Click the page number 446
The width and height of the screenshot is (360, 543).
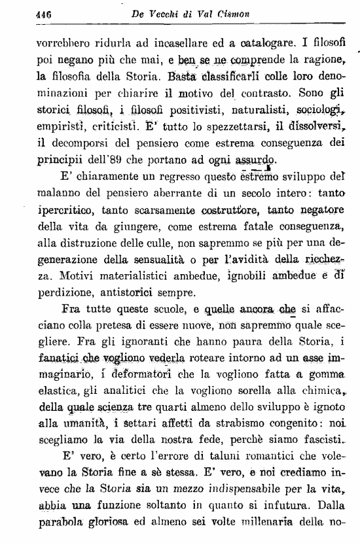[x=44, y=12]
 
